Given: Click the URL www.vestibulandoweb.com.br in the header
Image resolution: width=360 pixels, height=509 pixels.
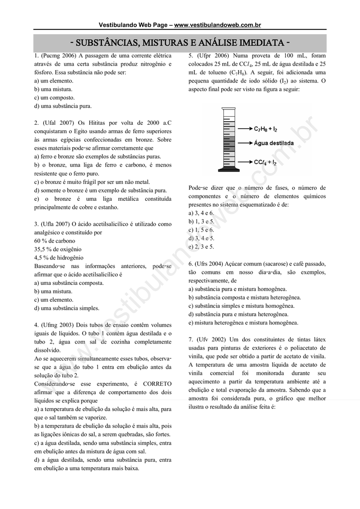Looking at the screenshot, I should (x=217, y=25).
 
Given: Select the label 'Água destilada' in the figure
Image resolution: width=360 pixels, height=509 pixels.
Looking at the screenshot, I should (x=273, y=143).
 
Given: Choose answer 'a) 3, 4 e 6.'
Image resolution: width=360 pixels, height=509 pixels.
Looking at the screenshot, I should (x=201, y=213).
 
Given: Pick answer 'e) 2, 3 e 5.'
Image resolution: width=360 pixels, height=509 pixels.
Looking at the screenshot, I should (x=201, y=247).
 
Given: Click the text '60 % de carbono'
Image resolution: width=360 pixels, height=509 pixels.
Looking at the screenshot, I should (x=55, y=241).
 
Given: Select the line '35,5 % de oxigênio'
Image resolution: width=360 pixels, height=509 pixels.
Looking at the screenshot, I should (x=58, y=249).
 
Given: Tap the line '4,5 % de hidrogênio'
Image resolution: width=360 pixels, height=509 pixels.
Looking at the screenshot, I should (x=59, y=257).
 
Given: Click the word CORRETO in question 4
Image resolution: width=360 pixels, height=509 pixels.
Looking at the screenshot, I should (x=157, y=384).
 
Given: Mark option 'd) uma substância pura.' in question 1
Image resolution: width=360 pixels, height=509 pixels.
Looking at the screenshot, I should (x=63, y=106).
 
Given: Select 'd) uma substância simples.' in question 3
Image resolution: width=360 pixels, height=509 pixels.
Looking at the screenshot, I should (x=67, y=308).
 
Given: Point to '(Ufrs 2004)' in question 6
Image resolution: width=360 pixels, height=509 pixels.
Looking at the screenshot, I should (x=209, y=263).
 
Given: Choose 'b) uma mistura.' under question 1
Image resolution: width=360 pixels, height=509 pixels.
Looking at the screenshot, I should (x=53, y=89).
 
